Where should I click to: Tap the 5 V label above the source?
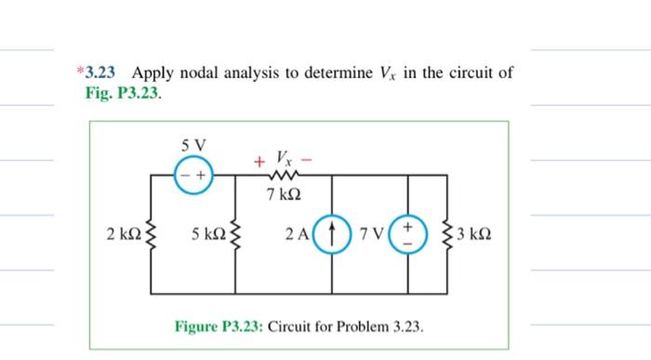click(x=196, y=145)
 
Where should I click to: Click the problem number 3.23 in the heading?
click(x=103, y=72)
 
